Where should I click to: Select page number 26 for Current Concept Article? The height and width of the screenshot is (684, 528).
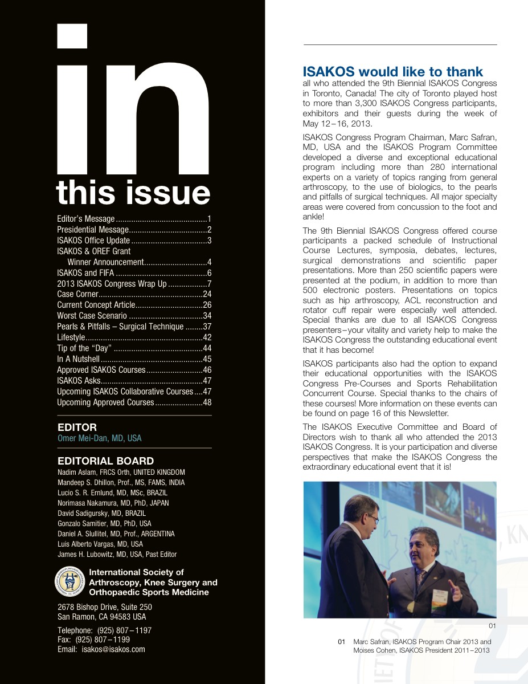point(207,305)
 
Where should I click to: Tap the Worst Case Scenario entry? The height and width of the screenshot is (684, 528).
point(92,316)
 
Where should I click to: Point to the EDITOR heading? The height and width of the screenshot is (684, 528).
point(77,427)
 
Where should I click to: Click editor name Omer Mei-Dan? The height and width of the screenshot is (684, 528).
point(100,438)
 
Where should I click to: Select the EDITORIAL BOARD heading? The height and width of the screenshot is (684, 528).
point(106,461)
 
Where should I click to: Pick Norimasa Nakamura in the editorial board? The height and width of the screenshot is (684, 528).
point(113,503)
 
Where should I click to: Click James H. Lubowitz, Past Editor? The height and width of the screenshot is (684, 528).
point(117,554)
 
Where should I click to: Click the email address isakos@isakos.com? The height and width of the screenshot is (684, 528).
point(113,649)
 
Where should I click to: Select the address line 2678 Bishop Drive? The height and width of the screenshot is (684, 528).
point(105,607)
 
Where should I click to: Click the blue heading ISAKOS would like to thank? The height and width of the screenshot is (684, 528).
point(392,72)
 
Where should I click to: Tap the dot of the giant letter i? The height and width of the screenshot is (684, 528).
point(73,35)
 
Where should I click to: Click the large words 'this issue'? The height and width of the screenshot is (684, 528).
point(133,193)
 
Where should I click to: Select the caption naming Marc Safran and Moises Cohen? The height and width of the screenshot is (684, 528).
point(422,646)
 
